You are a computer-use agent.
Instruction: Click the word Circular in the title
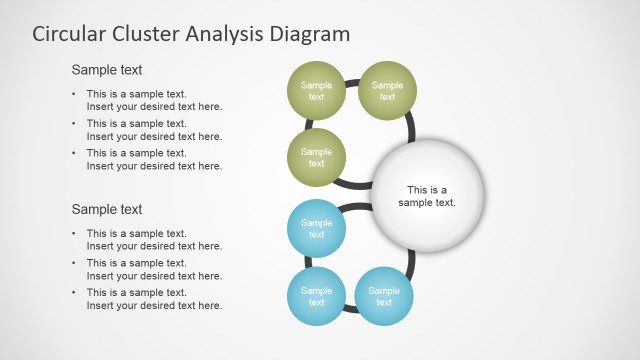pyautogui.click(x=69, y=34)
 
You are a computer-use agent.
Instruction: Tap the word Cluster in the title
pyautogui.click(x=147, y=34)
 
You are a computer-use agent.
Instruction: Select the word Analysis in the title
pyautogui.click(x=226, y=34)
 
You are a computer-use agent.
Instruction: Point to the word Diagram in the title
pyautogui.click(x=309, y=34)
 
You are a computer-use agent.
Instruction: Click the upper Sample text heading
pyautogui.click(x=107, y=70)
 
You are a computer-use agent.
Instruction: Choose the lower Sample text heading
pyautogui.click(x=107, y=209)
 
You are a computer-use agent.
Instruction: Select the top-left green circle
pyautogui.click(x=316, y=91)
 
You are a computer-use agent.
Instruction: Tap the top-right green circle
pyautogui.click(x=387, y=91)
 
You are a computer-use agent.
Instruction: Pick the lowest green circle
pyautogui.click(x=316, y=157)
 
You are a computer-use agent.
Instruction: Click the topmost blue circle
pyautogui.click(x=316, y=228)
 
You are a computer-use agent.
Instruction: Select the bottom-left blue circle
pyautogui.click(x=316, y=296)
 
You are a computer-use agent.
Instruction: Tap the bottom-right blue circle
pyautogui.click(x=384, y=296)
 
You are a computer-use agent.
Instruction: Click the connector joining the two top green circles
pyautogui.click(x=351, y=82)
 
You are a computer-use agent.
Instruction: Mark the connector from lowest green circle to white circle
pyautogui.click(x=356, y=184)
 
